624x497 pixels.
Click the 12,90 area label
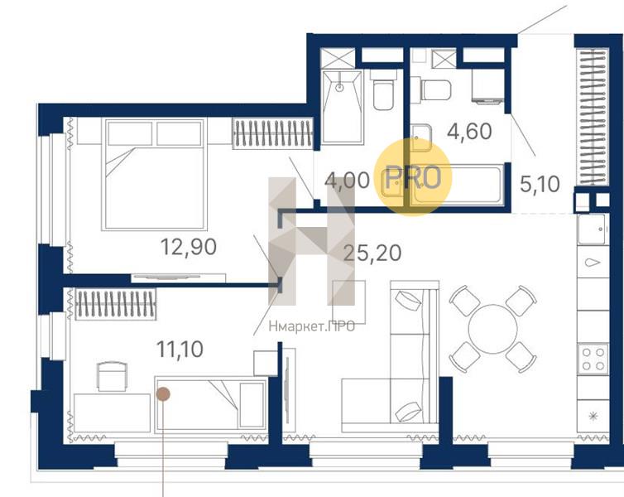coord(189,247)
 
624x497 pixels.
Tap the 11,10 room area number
coord(180,350)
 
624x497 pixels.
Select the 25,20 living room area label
coord(372,253)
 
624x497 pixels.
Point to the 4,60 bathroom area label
coord(469,132)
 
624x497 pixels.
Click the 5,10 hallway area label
coord(540,184)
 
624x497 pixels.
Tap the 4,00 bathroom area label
coord(347,181)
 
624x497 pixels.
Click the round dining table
coord(492,329)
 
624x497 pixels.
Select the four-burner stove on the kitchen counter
coord(593,359)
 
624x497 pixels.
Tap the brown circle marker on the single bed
coord(163,394)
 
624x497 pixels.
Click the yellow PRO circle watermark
coord(414,177)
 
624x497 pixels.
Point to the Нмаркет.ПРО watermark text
coord(312,327)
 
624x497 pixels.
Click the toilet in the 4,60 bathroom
coord(436,90)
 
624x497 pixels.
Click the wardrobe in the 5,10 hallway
coord(593,117)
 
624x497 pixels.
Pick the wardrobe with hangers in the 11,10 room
coord(115,303)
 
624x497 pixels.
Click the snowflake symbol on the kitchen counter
coord(593,417)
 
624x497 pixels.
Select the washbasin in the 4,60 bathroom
coord(421,138)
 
